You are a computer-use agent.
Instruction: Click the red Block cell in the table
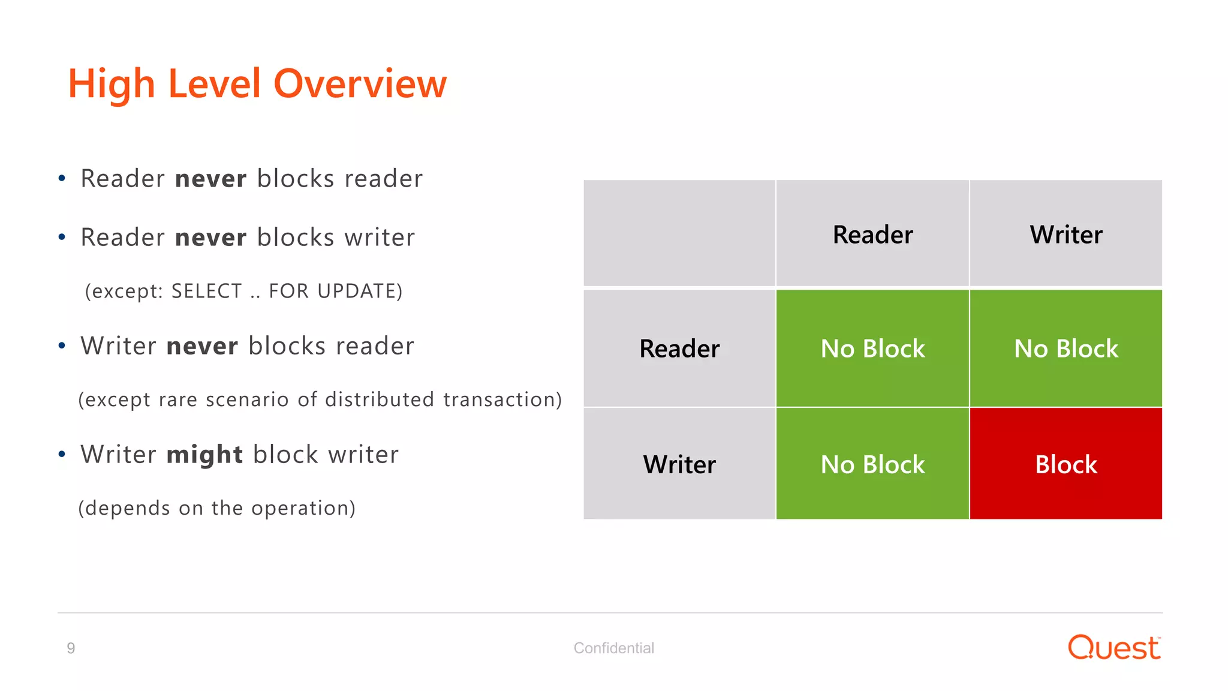[x=1066, y=464]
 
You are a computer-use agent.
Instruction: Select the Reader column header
[x=872, y=235]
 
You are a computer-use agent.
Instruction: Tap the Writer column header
[x=1066, y=235]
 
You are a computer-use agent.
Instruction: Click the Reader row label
[x=679, y=348]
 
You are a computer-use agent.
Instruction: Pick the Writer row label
[x=679, y=464]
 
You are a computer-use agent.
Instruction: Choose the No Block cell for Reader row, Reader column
[x=872, y=348]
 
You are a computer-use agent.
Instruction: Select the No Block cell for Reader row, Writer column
[x=1066, y=348]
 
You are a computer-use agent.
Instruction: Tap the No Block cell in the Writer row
[x=872, y=464]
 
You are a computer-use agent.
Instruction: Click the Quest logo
[x=1114, y=648]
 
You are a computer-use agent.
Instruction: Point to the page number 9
[x=71, y=648]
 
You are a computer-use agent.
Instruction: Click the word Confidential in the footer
[x=613, y=648]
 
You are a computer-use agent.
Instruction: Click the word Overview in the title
[x=360, y=83]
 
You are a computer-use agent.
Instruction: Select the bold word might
[x=204, y=455]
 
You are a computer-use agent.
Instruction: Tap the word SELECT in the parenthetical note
[x=206, y=291]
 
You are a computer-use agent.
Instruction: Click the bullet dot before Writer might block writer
[x=62, y=455]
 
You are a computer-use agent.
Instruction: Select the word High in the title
[x=112, y=83]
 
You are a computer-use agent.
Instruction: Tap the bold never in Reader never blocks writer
[x=210, y=238]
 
